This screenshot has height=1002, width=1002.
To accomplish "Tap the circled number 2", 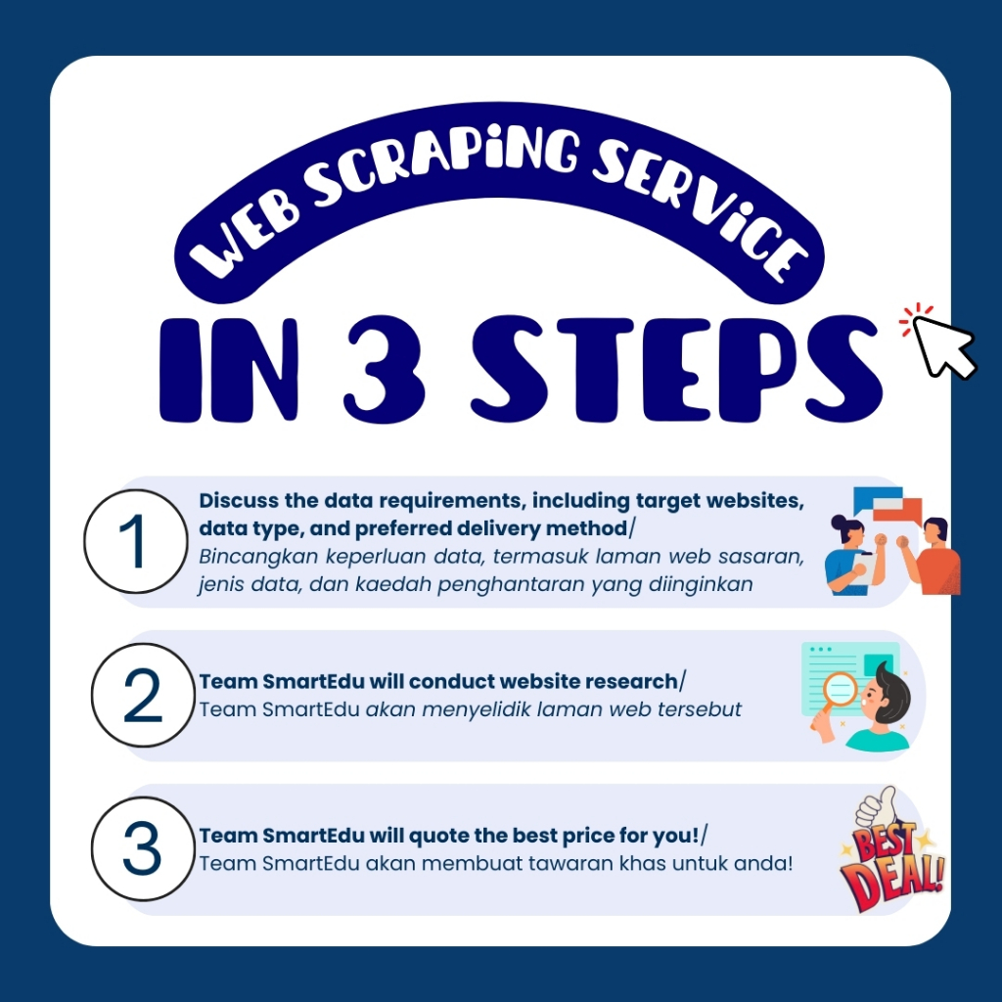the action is click(x=143, y=696).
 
